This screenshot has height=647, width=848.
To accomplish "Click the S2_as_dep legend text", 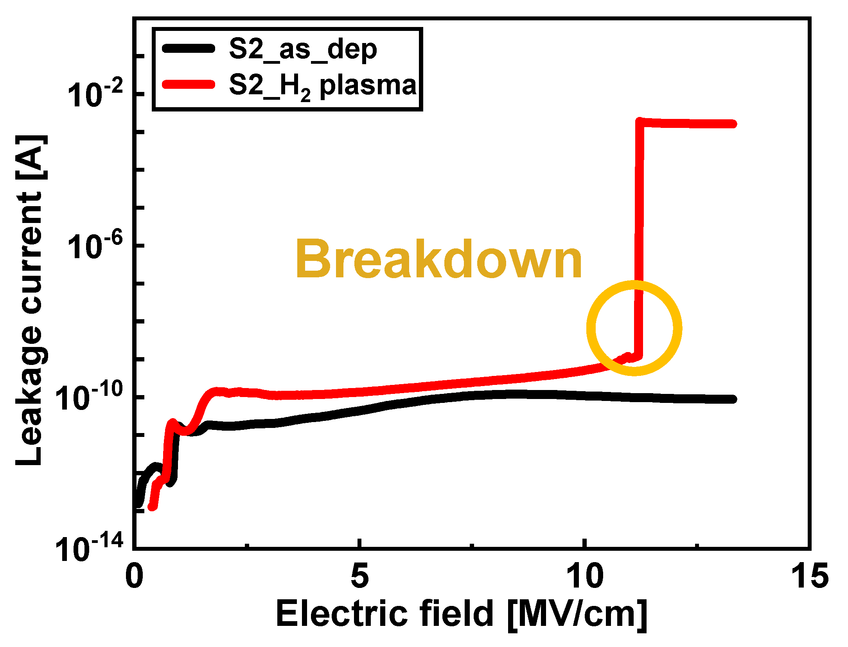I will (x=303, y=50).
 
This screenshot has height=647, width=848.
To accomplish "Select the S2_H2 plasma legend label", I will (x=322, y=86).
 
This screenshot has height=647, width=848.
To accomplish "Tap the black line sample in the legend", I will (x=189, y=49).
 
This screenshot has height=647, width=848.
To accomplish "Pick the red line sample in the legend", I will (x=189, y=84).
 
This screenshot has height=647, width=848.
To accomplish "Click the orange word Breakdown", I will (x=439, y=259).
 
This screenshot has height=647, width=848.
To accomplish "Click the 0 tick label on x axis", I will (x=134, y=576).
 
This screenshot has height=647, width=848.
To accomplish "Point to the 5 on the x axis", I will (x=359, y=576).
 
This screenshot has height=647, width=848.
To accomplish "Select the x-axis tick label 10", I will (x=585, y=576).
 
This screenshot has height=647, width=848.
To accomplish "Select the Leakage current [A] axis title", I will (x=29, y=300).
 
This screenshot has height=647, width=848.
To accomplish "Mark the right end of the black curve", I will (x=733, y=399).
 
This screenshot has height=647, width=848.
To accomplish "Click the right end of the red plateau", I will (x=733, y=124).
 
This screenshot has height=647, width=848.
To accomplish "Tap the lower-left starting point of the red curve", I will (x=153, y=507).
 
